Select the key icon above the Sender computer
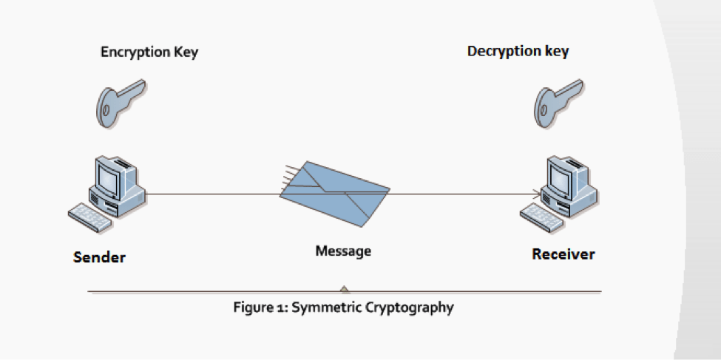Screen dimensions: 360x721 120,99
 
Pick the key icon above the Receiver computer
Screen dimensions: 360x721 560,100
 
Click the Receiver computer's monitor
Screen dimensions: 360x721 560,174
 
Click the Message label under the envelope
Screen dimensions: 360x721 343,251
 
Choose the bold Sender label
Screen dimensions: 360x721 99,257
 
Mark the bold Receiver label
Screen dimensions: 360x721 563,255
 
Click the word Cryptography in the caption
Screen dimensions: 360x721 409,307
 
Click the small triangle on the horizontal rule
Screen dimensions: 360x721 344,289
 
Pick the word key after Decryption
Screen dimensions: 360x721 556,52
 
